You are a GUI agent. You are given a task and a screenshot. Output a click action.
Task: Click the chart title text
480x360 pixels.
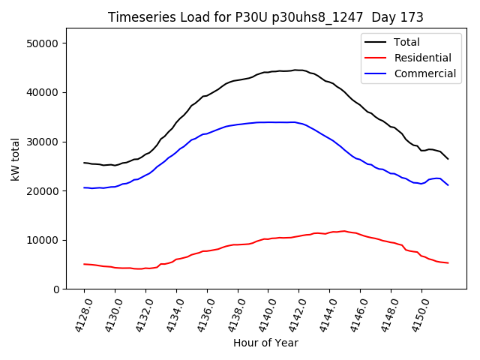(265, 17)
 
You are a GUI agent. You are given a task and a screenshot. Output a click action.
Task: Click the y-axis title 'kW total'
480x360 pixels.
(16, 159)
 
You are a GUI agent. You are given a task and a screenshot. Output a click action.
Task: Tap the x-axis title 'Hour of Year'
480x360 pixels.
(265, 343)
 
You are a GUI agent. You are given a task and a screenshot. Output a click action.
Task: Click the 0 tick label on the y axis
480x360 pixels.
(56, 289)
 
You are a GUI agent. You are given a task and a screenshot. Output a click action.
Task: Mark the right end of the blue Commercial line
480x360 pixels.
(448, 184)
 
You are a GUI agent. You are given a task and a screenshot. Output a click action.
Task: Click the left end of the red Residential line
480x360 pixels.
(84, 264)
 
